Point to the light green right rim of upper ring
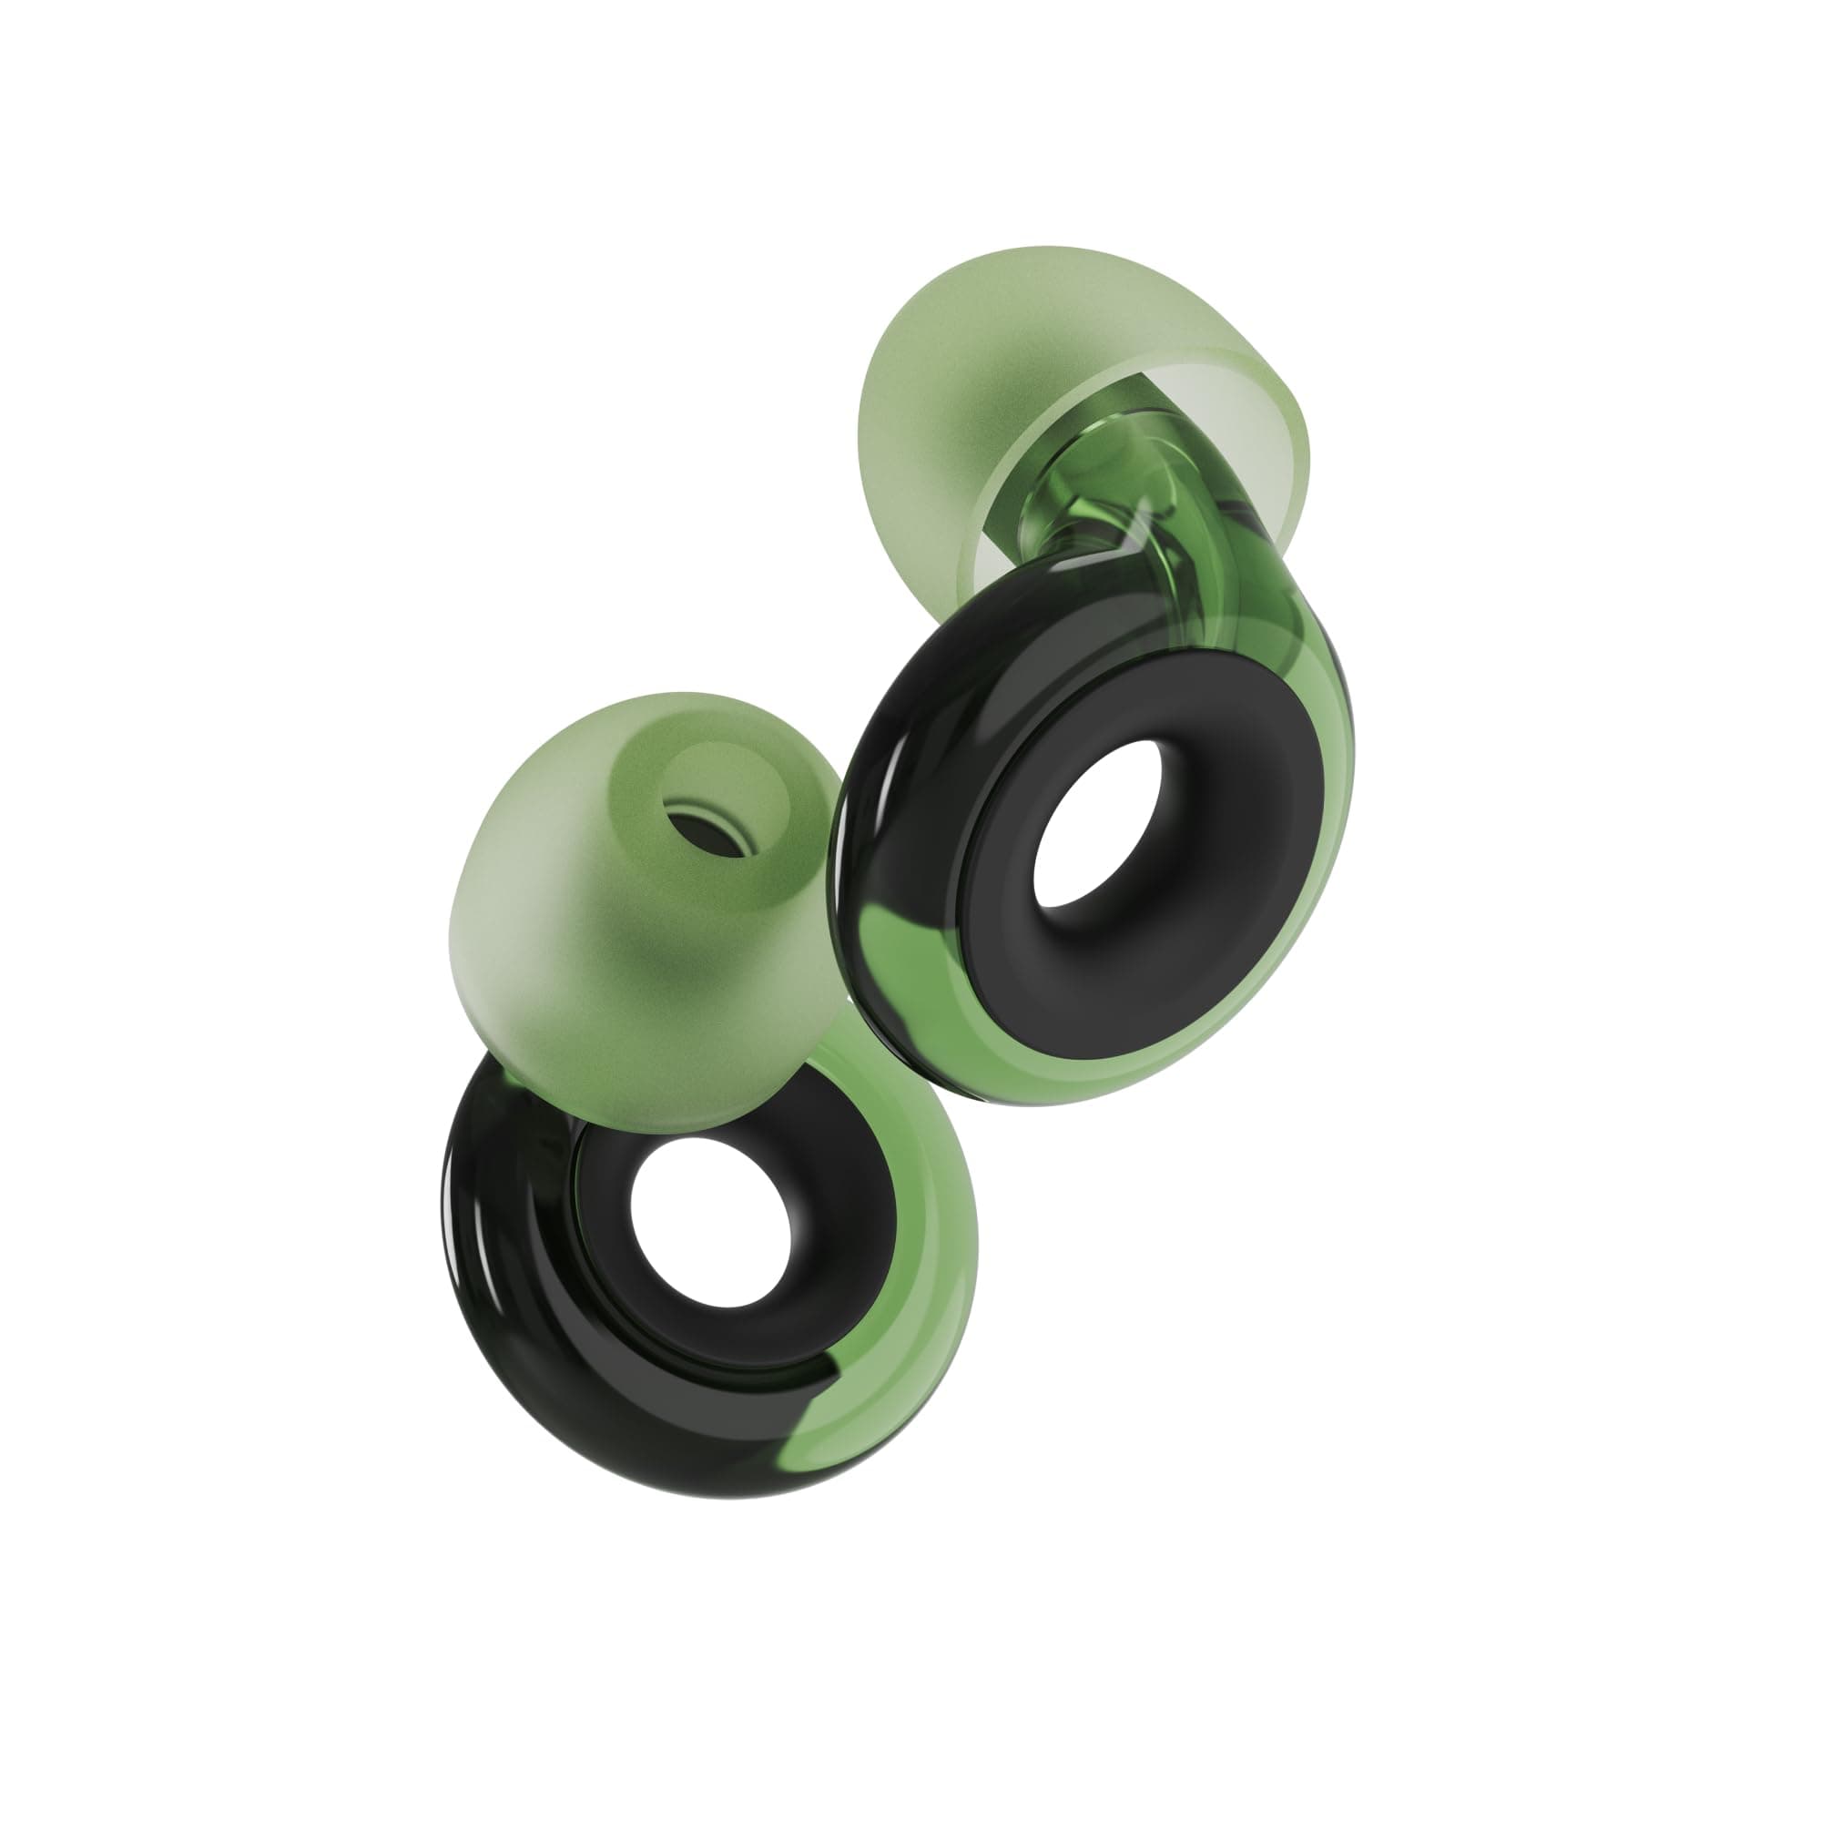[x=1319, y=849]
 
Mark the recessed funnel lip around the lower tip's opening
[x=745, y=782]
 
